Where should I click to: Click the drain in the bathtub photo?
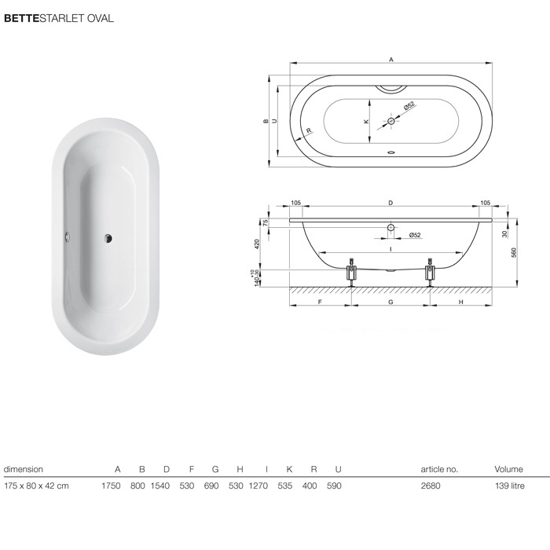[x=108, y=238]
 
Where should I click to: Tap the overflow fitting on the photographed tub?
[x=67, y=236]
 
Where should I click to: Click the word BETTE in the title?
[x=21, y=18]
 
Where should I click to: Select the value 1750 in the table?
[x=112, y=486]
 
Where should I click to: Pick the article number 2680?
[x=431, y=486]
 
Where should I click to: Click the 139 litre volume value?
[x=510, y=486]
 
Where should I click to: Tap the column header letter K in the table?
[x=289, y=469]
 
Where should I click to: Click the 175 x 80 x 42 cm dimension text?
[x=36, y=486]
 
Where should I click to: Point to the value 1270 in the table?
[x=258, y=486]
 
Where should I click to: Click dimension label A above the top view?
[x=391, y=60]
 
